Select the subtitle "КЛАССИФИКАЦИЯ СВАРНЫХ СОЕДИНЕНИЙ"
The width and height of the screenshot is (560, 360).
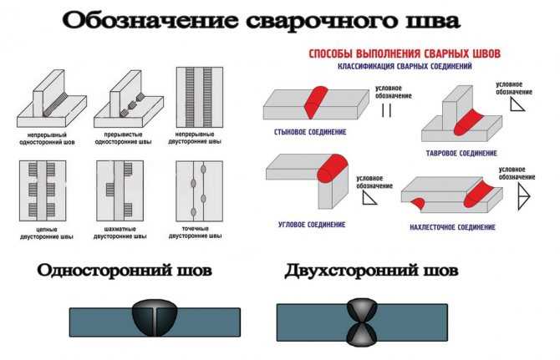pos(405,65)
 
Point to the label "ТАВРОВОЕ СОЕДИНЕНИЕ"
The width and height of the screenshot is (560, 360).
pos(461,153)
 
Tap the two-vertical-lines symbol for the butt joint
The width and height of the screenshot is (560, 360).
pos(386,110)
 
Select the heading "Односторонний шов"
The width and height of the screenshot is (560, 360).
pos(124,271)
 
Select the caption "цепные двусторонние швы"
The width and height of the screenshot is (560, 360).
pos(46,236)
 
